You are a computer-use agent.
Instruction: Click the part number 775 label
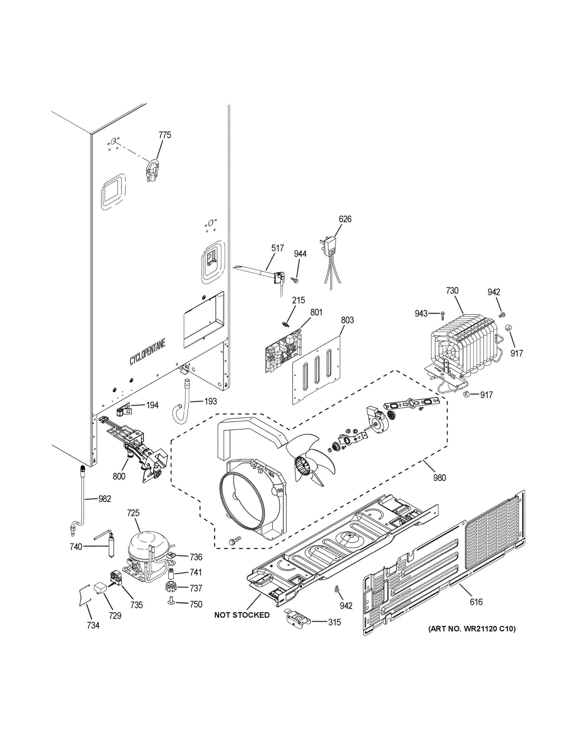point(165,135)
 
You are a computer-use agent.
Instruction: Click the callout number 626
point(345,219)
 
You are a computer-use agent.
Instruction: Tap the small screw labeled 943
point(442,313)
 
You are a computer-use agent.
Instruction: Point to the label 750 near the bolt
point(196,605)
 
